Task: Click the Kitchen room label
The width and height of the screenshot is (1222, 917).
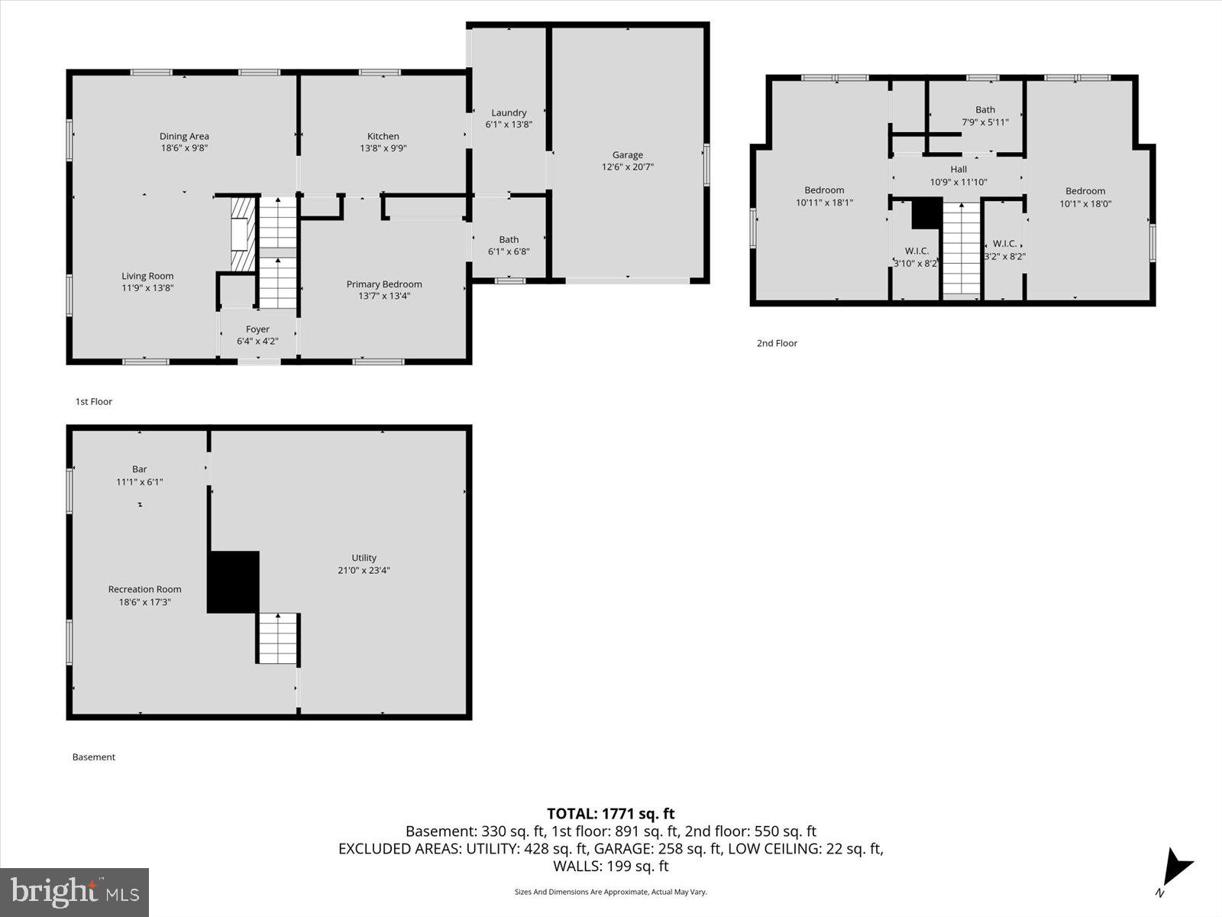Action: tap(383, 136)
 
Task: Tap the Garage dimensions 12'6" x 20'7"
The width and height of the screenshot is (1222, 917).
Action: tap(627, 167)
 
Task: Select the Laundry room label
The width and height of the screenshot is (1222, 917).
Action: tap(509, 112)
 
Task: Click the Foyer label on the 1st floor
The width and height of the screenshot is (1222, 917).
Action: tap(257, 329)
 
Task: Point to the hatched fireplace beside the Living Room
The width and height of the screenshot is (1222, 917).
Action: tap(242, 234)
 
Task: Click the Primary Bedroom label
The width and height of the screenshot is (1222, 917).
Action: tap(383, 284)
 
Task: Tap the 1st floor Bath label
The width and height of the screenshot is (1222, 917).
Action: tap(509, 239)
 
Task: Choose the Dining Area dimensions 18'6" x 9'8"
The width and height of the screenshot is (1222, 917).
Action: tap(184, 148)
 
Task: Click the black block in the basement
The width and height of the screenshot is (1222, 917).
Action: tap(233, 582)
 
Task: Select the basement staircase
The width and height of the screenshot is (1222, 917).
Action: tap(276, 639)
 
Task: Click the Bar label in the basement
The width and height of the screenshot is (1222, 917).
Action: tap(139, 469)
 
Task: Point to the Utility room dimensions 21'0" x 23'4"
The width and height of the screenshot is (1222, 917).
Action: tap(364, 570)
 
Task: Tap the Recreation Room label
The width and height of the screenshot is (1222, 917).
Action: tap(144, 589)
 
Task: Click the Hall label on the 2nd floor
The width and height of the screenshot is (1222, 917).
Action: tap(959, 170)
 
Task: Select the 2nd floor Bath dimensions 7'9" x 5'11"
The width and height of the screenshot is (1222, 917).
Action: tap(984, 122)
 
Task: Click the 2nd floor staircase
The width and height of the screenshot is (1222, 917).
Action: tap(961, 248)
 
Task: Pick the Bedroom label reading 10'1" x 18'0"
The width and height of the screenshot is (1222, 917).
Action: tap(1085, 191)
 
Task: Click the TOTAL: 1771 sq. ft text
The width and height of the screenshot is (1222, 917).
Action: tap(610, 814)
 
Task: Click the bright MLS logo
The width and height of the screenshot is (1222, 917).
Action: tap(74, 892)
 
